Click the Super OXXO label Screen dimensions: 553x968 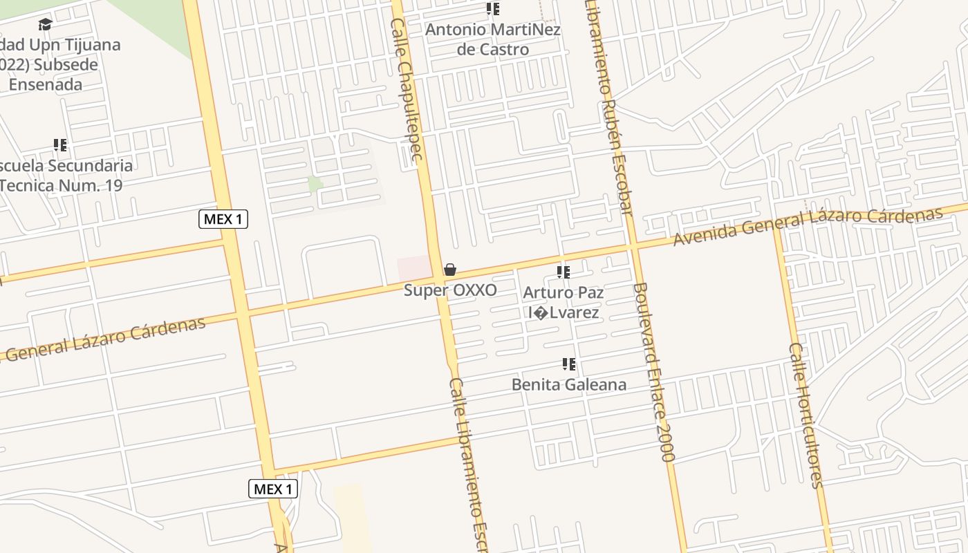point(450,290)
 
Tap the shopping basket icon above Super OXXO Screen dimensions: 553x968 point(450,270)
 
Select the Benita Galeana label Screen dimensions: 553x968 point(569,384)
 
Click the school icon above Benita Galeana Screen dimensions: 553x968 point(569,364)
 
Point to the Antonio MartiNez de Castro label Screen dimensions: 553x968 point(493,39)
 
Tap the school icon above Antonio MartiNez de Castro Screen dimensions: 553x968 point(493,9)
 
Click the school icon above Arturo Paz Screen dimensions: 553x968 point(564,272)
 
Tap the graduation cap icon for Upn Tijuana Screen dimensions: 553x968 point(46,25)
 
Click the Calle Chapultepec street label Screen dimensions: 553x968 point(407,90)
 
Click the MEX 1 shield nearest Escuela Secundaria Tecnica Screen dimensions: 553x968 point(223,220)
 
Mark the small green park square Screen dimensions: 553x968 point(315,185)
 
